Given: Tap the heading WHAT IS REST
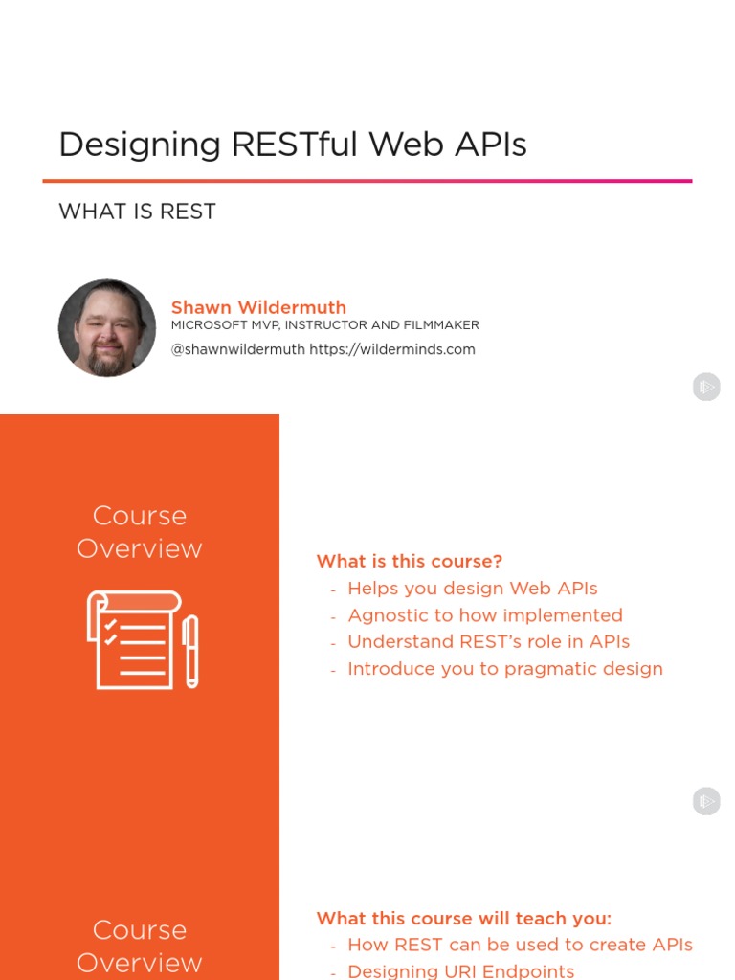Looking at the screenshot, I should (137, 212).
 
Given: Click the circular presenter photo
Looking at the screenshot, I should (107, 328).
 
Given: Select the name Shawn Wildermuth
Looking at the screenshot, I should (258, 307).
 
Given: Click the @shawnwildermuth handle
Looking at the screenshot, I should (238, 349).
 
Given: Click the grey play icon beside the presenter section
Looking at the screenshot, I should (706, 387).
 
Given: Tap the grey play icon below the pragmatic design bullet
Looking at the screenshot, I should (706, 801).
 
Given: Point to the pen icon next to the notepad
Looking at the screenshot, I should (190, 651).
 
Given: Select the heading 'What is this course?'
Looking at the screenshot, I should (410, 562).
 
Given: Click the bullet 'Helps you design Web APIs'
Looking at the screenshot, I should (473, 589).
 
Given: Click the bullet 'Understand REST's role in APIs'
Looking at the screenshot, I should (488, 642).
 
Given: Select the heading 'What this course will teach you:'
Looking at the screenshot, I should (463, 919).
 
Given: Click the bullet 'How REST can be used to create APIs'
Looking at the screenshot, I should (520, 945).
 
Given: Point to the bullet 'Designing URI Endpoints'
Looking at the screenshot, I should (461, 971).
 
